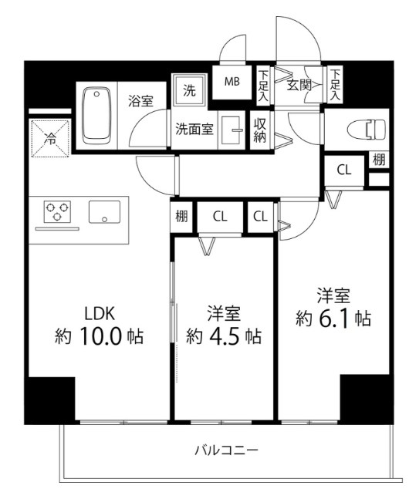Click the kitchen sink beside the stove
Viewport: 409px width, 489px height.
pos(104,211)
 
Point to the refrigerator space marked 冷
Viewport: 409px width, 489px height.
pos(48,140)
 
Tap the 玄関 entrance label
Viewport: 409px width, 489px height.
pos(299,84)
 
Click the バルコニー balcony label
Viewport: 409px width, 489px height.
pos(225,450)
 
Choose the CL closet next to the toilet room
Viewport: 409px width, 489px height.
pos(343,170)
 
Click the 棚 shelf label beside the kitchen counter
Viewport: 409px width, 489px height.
pos(180,217)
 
